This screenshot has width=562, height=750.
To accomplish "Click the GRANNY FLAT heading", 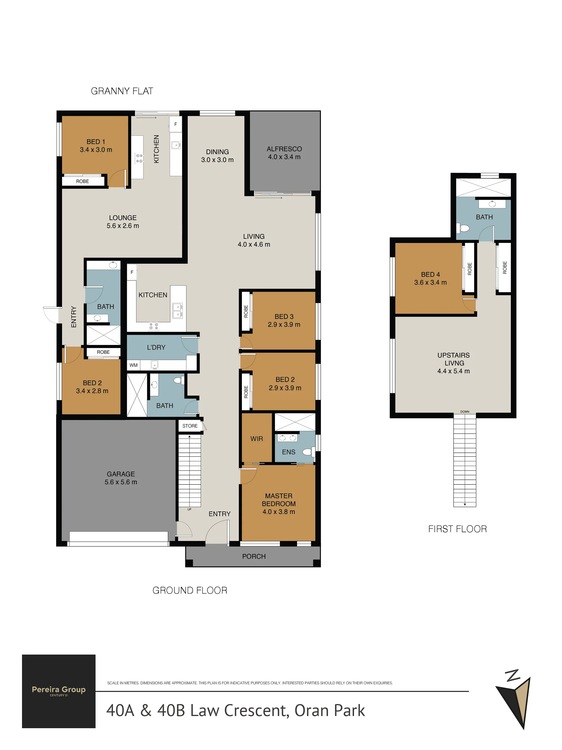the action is tap(122, 91).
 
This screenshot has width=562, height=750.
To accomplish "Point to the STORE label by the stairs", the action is tap(190, 426).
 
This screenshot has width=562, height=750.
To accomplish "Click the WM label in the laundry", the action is tap(134, 365).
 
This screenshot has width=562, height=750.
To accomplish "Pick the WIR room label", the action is tap(257, 439).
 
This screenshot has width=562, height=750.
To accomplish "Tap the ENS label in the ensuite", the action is tap(289, 452).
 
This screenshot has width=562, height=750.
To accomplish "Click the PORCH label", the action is tap(254, 556).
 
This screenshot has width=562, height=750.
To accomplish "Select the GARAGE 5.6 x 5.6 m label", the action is tap(121, 478).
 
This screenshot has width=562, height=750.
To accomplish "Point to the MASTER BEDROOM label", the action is tap(279, 500).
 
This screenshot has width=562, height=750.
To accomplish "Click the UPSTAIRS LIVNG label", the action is tap(454, 359).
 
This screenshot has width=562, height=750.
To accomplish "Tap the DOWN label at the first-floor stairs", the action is tap(465, 411).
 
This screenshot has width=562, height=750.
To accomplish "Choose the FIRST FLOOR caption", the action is tap(457, 529).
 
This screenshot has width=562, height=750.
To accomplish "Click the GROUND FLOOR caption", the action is tap(190, 590).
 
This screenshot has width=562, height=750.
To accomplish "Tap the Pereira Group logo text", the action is tap(59, 690).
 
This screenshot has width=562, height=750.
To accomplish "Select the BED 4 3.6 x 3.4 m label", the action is tap(431, 278).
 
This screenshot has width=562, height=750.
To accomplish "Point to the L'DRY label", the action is tap(156, 347).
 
